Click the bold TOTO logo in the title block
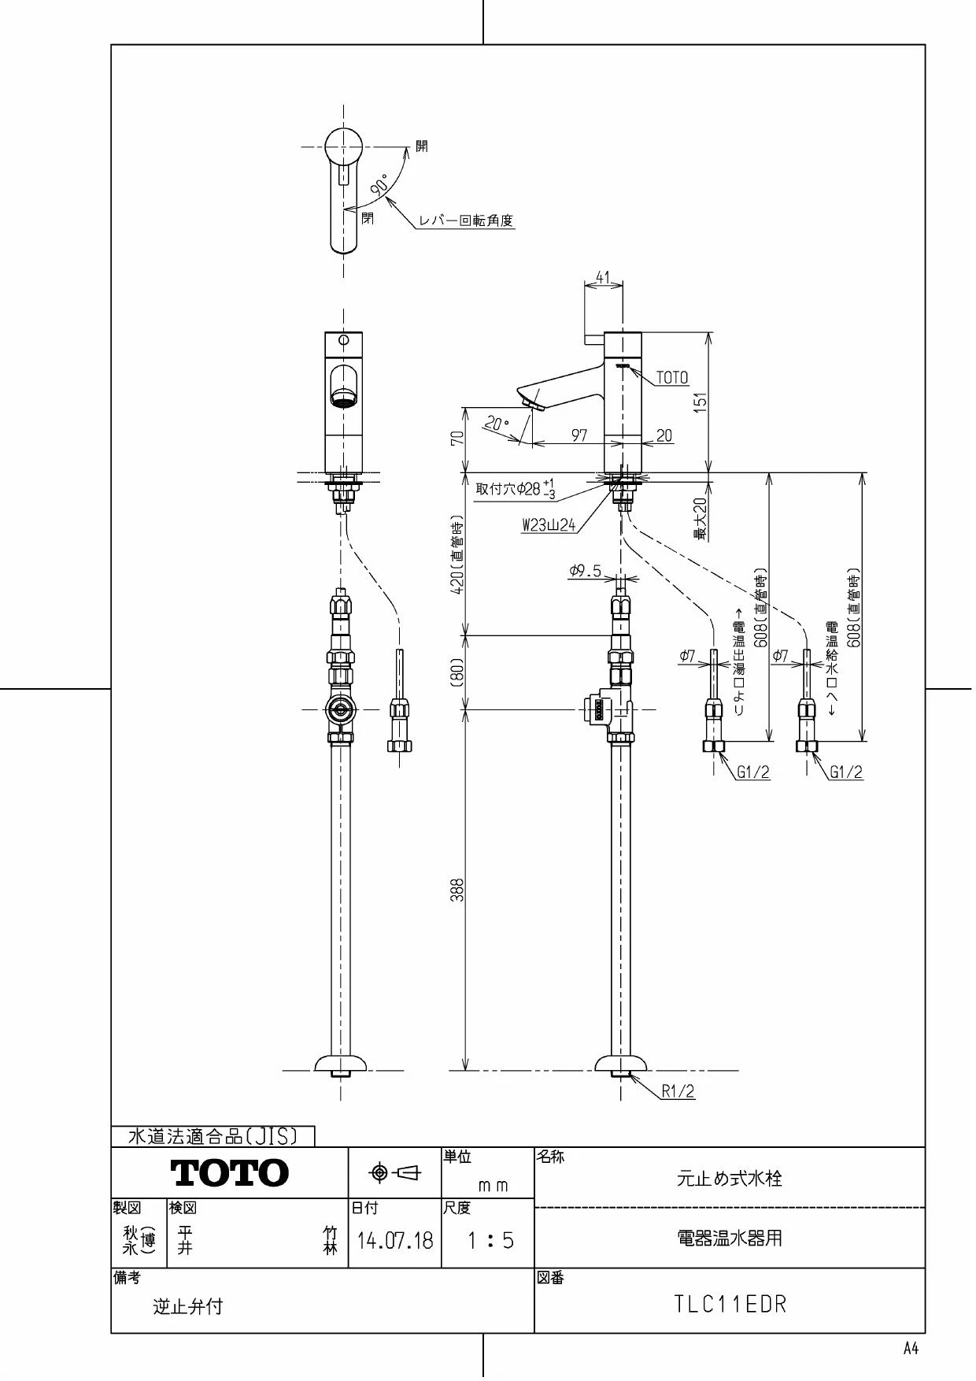230,1173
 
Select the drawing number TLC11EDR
730,1304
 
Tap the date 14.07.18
395,1242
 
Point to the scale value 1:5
490,1242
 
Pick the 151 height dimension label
701,402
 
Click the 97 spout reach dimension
579,435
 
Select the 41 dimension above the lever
603,277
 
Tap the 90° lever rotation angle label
379,186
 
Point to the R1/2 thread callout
678,1091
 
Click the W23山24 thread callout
549,525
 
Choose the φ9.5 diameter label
585,571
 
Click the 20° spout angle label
496,424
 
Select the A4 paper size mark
911,1349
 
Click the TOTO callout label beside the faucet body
672,378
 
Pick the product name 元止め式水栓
730,1179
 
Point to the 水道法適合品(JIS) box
213,1136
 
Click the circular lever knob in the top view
343,146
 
